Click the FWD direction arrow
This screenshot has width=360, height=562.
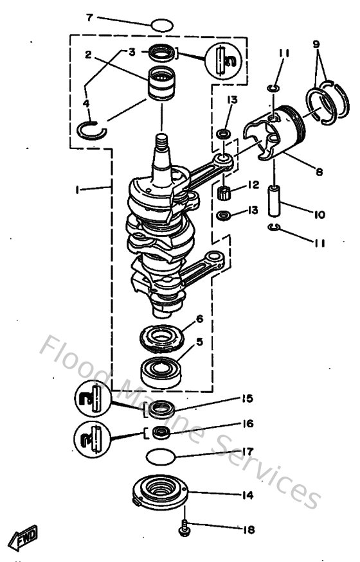[x=23, y=534]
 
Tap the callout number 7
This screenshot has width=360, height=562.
[x=90, y=17]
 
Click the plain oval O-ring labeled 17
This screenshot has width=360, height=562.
[x=161, y=457]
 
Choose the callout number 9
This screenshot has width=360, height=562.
[x=316, y=44]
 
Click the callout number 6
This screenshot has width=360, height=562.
[x=199, y=319]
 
